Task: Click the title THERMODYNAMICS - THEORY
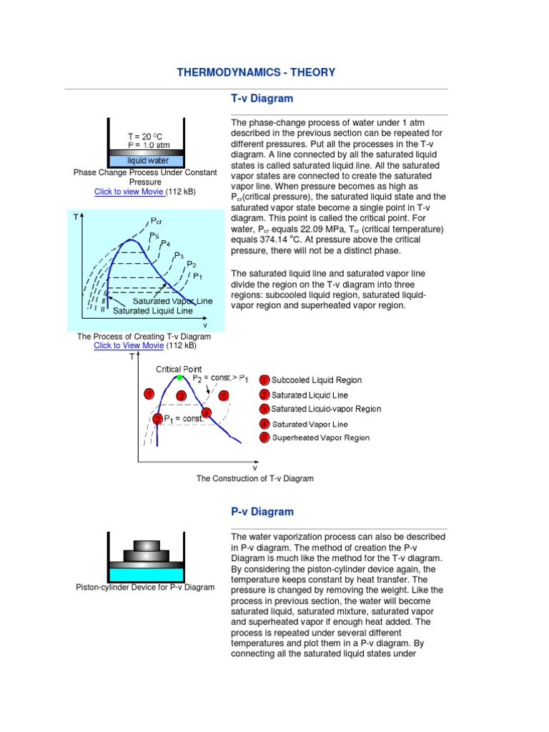tap(256, 72)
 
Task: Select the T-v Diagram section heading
tap(262, 99)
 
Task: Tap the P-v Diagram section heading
tap(262, 512)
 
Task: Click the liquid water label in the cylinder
tap(149, 161)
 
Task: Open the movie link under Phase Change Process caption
tap(130, 192)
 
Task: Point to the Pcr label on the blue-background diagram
tap(156, 222)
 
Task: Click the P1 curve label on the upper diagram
tap(198, 275)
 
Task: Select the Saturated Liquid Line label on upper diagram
tap(153, 311)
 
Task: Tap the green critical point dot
tap(179, 377)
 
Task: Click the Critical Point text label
tap(179, 369)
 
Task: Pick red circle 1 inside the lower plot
tap(149, 394)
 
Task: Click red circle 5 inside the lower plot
tap(224, 395)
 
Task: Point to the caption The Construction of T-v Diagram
tap(255, 478)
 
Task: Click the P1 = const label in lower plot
tap(183, 419)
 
